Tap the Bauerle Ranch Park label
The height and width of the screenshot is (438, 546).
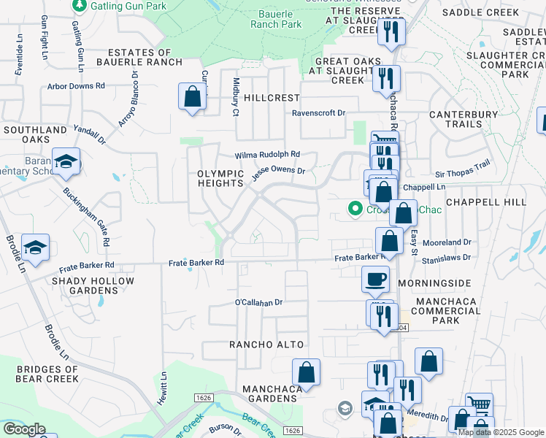(280, 19)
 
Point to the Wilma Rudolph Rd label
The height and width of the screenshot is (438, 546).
(267, 155)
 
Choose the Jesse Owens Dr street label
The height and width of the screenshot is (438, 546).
(277, 174)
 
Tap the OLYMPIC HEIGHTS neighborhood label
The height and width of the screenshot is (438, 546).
(220, 178)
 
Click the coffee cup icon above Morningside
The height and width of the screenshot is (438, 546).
(376, 279)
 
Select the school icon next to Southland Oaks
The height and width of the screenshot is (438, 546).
(66, 162)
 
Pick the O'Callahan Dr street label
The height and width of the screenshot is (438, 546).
(258, 302)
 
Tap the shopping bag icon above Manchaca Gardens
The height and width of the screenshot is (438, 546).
(307, 372)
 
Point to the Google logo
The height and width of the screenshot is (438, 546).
(24, 429)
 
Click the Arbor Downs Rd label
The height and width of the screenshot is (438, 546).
(96, 85)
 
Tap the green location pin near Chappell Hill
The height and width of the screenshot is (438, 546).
(355, 210)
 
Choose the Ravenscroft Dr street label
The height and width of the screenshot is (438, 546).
(318, 113)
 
